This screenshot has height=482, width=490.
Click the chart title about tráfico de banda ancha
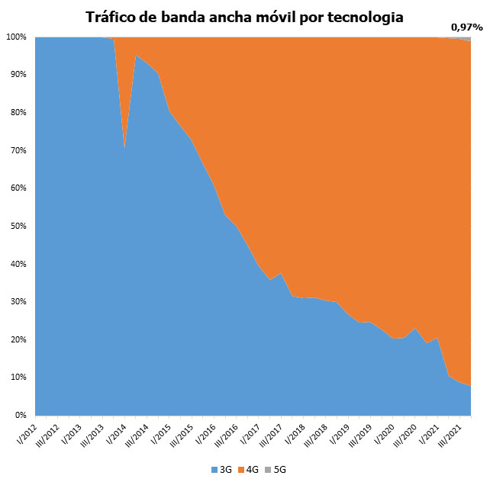245,16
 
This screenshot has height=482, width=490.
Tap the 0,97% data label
466,27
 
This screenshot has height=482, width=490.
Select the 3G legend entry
221,469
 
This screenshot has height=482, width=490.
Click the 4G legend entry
250,469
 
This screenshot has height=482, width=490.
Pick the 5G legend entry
278,469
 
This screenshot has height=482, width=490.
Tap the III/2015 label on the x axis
182,435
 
